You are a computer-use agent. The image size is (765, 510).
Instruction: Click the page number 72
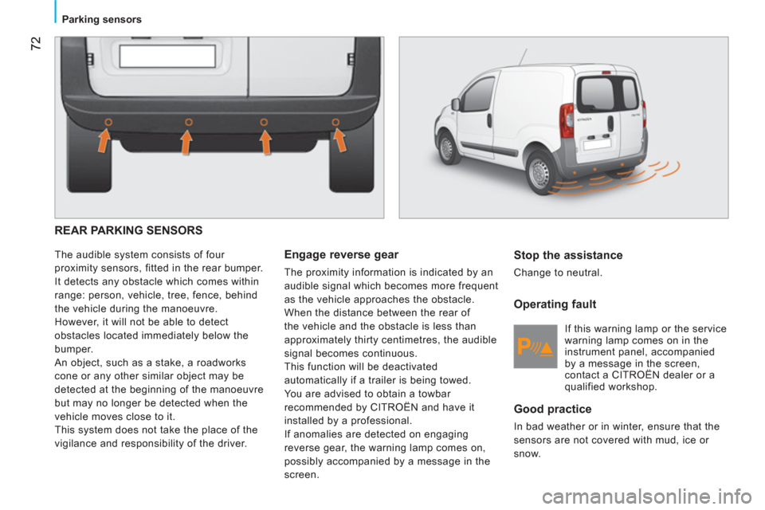point(36,43)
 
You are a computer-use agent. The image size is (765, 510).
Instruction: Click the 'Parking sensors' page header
point(101,19)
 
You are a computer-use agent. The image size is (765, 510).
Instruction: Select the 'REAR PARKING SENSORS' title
point(128,230)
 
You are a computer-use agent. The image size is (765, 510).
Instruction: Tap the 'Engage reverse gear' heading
point(341,255)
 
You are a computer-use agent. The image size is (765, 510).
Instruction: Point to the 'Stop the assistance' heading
point(568,255)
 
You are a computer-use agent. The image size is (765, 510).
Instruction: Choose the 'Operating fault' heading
point(555,304)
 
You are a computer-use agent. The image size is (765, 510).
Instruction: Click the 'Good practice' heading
point(552,409)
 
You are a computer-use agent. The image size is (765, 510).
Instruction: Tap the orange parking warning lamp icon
point(535,347)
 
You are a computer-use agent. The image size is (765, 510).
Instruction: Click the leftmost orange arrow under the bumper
point(104,139)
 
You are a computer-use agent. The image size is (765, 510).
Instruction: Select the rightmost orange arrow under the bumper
point(339,139)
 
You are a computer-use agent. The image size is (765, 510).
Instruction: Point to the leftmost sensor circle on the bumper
point(108,122)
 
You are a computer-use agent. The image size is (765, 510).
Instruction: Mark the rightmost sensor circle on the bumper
point(335,122)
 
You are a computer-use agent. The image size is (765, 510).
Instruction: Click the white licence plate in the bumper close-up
point(167,56)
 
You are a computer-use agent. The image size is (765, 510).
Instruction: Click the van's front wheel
point(446,147)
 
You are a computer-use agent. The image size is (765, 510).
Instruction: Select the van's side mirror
point(456,104)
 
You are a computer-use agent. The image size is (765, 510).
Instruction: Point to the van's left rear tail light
point(567,120)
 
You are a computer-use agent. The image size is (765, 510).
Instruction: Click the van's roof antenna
point(523,57)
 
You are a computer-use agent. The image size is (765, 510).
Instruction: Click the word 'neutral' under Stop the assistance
point(583,273)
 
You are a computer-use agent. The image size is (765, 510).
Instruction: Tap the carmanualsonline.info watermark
point(647,497)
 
